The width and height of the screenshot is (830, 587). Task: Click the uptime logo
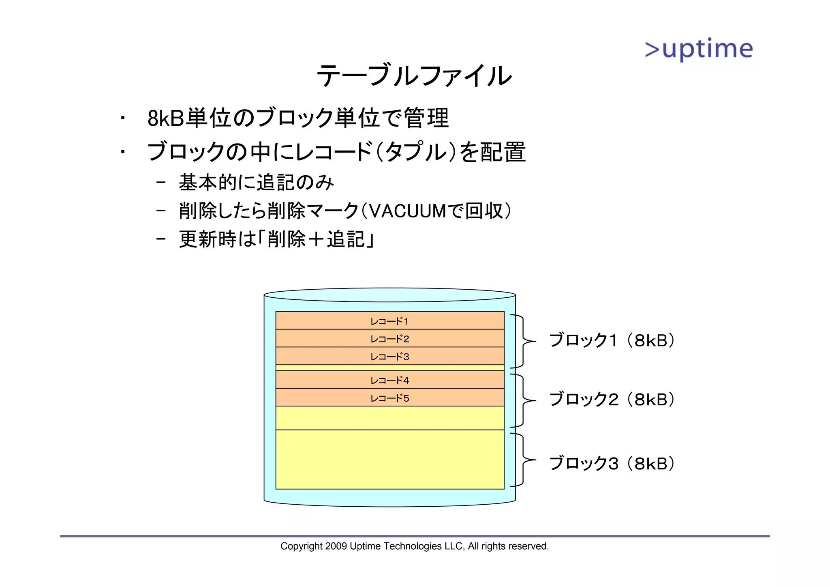tap(699, 49)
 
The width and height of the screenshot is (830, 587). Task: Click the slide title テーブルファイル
tap(414, 76)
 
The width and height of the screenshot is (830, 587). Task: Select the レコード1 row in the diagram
tap(389, 320)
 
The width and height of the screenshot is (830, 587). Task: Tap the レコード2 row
tap(389, 338)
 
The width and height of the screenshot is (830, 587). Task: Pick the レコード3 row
tap(389, 356)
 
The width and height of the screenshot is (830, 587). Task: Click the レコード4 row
tap(389, 380)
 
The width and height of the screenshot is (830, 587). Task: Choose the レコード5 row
tap(389, 398)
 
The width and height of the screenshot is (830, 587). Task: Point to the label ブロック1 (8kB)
tap(612, 340)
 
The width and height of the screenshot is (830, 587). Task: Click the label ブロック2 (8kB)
tap(612, 400)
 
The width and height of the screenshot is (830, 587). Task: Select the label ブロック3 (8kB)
tap(612, 463)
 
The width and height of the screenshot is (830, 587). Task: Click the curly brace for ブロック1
tap(523, 341)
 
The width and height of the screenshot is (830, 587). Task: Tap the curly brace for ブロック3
tap(523, 460)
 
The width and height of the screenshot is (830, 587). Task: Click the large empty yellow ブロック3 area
tap(389, 459)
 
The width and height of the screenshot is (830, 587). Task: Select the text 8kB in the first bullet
tap(165, 119)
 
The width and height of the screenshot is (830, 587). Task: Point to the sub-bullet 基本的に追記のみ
tap(256, 182)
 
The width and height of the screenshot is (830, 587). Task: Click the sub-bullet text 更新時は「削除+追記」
tap(276, 239)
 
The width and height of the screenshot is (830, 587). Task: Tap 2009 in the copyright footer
tap(336, 546)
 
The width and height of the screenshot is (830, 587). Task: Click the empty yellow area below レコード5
tap(389, 418)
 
